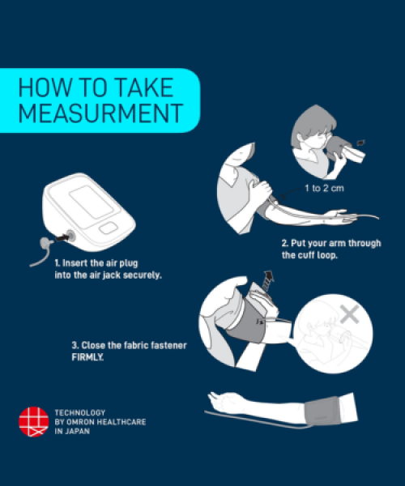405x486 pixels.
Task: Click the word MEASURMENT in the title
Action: pos(101,113)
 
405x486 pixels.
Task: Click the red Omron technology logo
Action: pos(34,421)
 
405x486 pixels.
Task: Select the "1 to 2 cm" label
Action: pos(324,188)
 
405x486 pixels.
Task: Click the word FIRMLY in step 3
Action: pos(87,357)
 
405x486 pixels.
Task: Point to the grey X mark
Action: pos(350,314)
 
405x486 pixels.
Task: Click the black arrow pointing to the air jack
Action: pos(62,238)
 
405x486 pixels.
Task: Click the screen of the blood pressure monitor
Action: pos(91,202)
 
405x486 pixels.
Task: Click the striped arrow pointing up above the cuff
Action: pos(268,280)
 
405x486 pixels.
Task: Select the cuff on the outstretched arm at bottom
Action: pos(322,411)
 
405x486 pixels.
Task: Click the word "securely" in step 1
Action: pos(142,275)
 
